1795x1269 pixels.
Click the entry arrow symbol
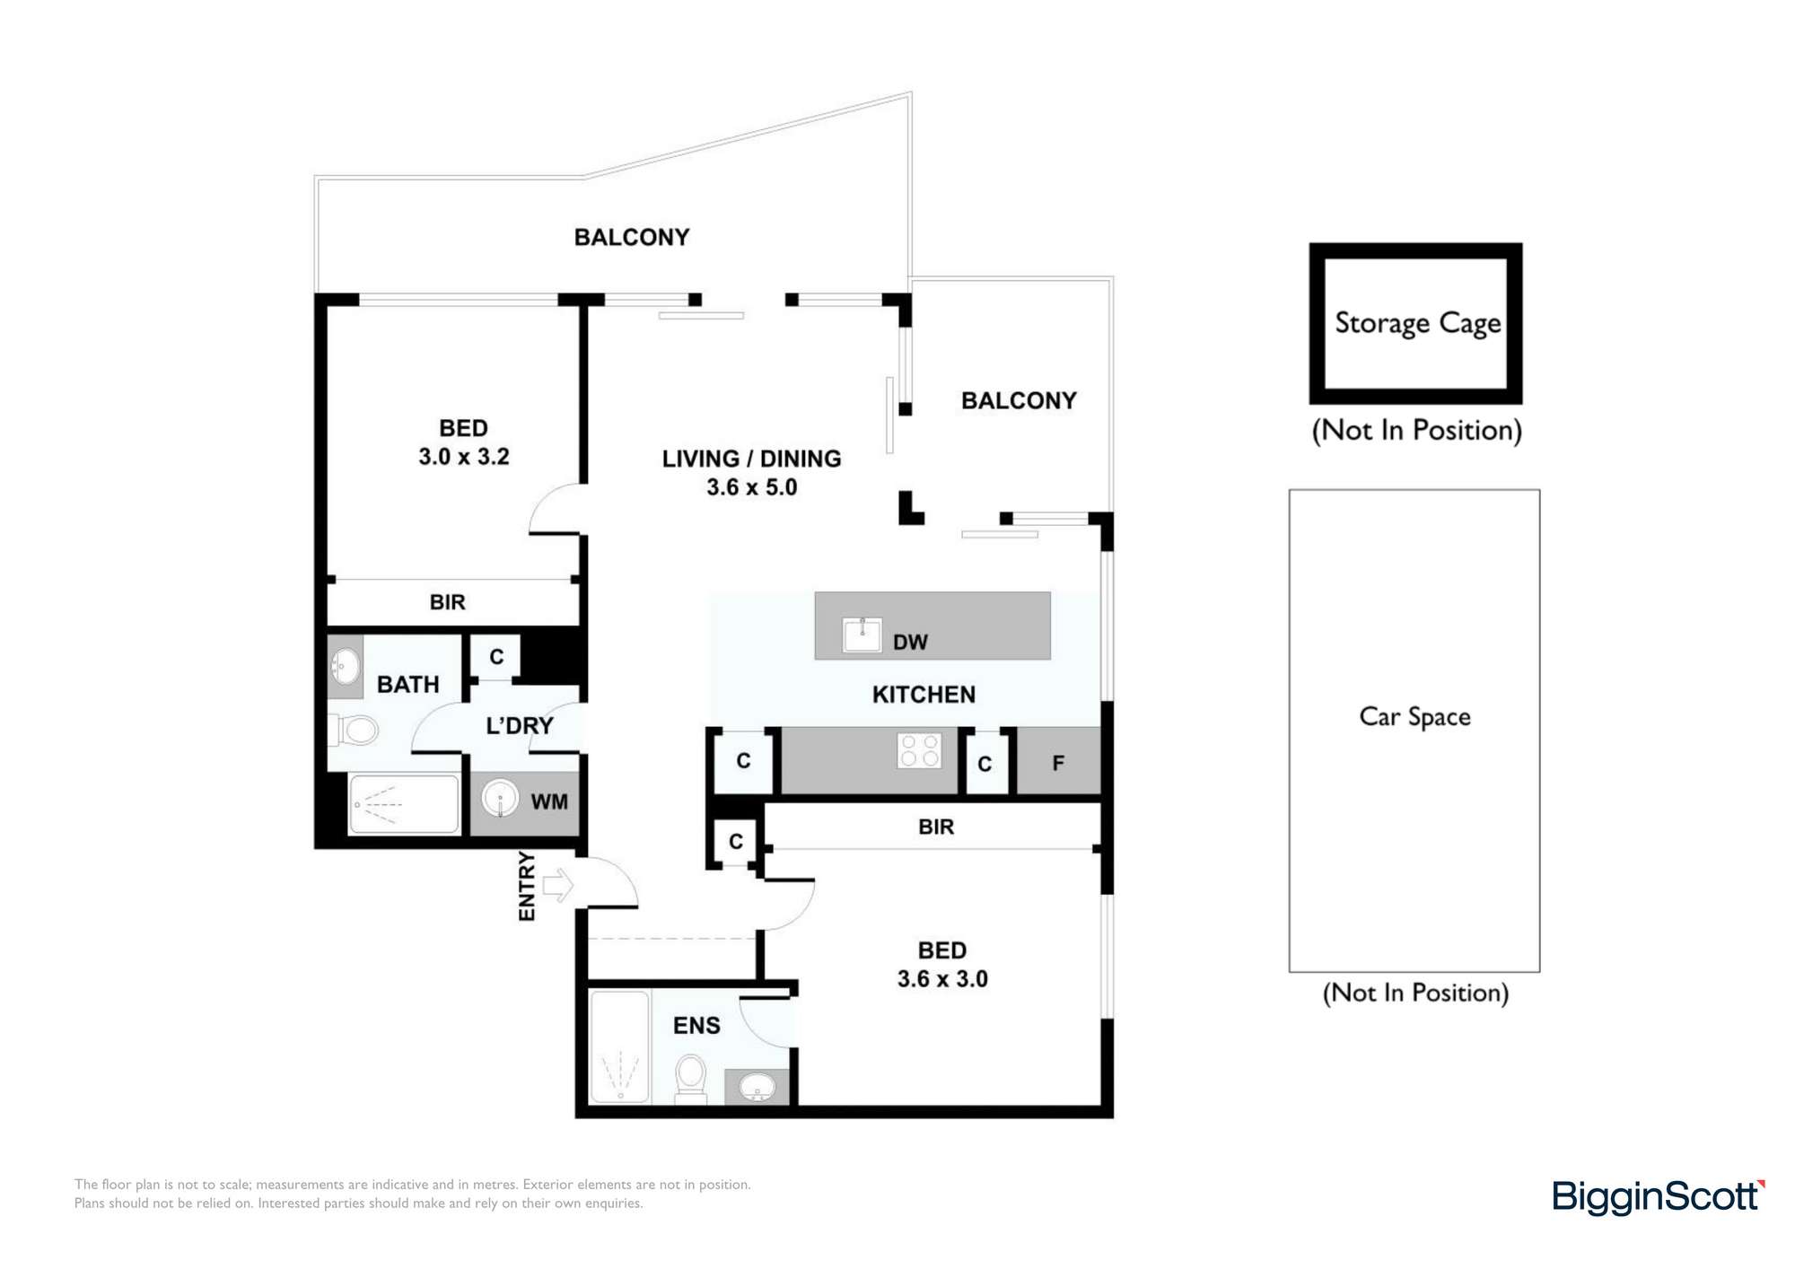point(557,886)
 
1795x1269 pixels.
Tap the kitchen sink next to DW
point(862,634)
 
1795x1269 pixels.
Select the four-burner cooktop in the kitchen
point(919,751)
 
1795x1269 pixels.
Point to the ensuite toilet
point(690,1078)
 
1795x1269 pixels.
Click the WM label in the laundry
point(549,801)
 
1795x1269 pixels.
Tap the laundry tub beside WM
point(500,798)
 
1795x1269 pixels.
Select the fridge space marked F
point(1058,762)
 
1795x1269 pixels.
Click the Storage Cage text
point(1417,323)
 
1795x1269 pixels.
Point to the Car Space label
point(1414,716)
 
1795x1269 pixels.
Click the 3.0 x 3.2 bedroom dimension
point(464,457)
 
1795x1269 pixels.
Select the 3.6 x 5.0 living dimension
point(752,487)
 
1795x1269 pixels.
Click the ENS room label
point(696,1025)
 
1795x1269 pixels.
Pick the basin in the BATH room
point(345,667)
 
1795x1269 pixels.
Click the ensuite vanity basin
point(757,1089)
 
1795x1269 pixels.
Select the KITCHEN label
point(924,695)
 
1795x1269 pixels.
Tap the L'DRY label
point(520,725)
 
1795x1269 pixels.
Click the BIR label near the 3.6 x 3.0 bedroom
point(936,827)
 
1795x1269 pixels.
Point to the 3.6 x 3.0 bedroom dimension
point(942,979)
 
